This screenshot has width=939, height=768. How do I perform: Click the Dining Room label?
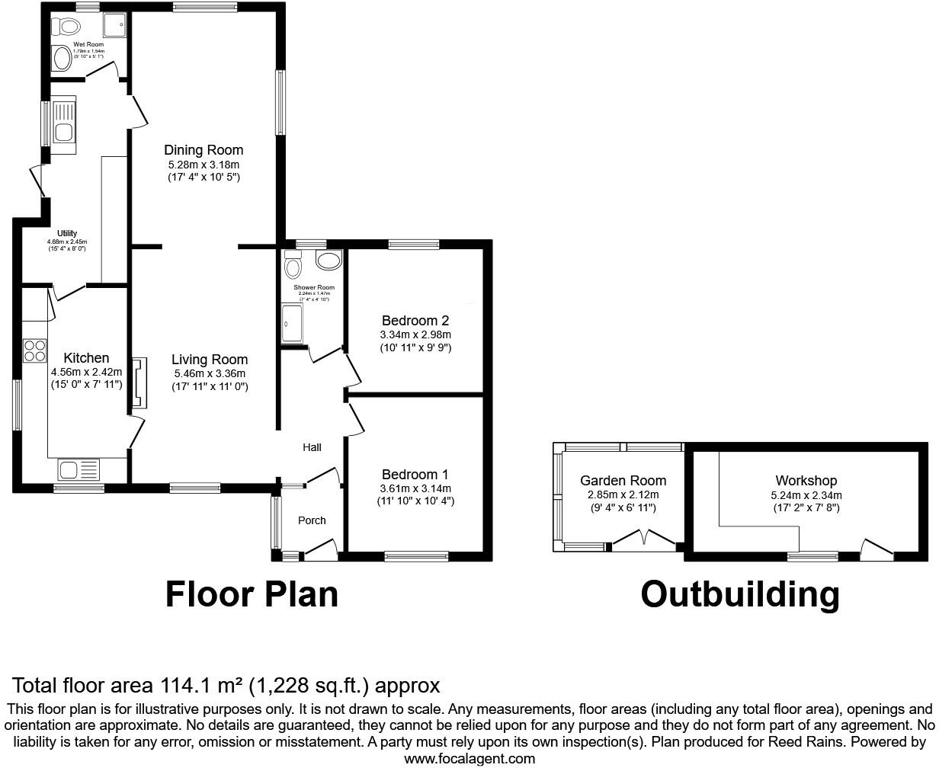point(204,150)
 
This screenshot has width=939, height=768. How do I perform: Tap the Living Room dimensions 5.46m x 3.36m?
point(210,373)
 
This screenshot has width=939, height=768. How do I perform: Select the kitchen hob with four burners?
point(34,350)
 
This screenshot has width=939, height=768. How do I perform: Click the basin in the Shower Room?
point(328,261)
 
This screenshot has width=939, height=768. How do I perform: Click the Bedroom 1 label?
point(415,474)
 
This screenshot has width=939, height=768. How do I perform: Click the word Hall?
point(312,447)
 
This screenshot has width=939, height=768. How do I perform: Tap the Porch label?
point(312,520)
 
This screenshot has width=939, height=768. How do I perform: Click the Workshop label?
point(806,481)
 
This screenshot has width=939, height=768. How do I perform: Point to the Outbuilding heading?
point(739,594)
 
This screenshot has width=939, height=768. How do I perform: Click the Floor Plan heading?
point(252,594)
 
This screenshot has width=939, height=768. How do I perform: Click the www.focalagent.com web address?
point(469,758)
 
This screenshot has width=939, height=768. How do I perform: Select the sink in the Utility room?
point(62,122)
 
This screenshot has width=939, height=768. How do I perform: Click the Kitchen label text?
point(86,358)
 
